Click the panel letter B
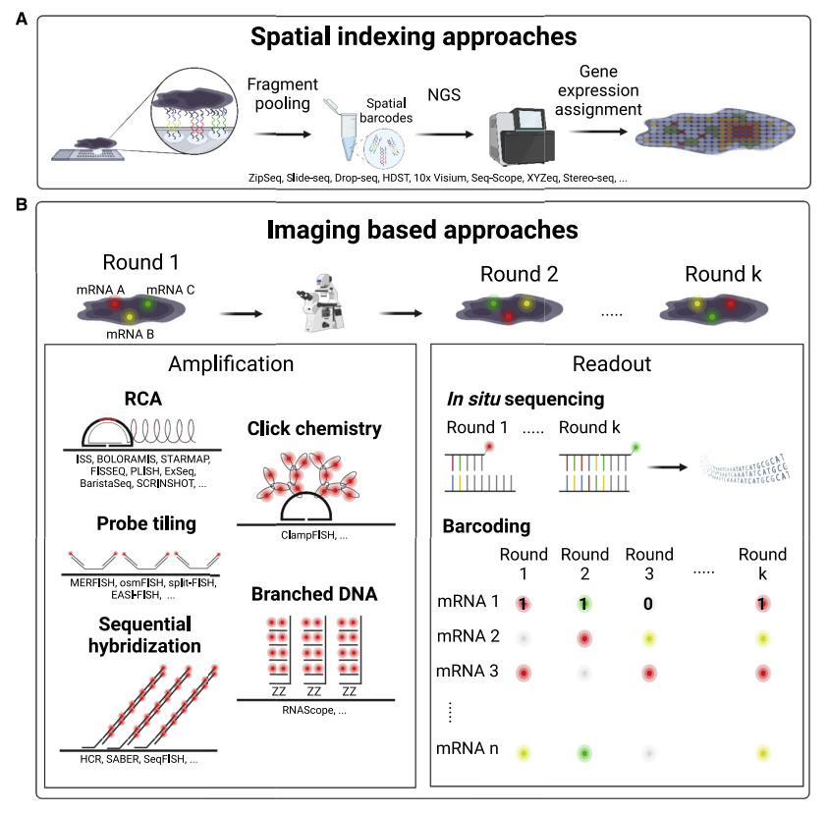pyautogui.click(x=22, y=206)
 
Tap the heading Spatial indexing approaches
pyautogui.click(x=413, y=38)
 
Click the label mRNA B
pyautogui.click(x=132, y=334)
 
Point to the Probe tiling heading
pyautogui.click(x=146, y=523)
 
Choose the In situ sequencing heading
pyautogui.click(x=524, y=400)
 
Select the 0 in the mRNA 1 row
pyautogui.click(x=647, y=603)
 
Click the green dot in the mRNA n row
pyautogui.click(x=583, y=753)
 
